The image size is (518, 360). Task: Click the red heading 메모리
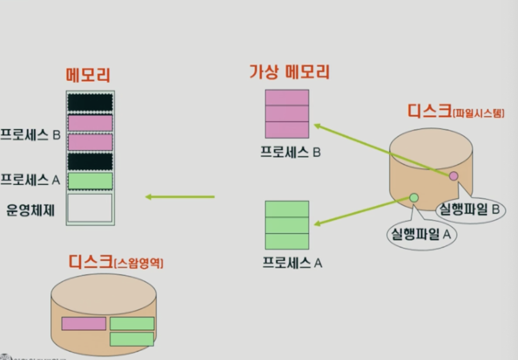tap(88, 75)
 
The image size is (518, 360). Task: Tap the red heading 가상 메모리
tap(289, 72)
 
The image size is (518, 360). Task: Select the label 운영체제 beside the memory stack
tap(30, 210)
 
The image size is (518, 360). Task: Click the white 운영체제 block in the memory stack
tap(90, 208)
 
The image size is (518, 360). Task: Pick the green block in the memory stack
tap(90, 181)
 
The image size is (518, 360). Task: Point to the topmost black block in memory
tap(90, 102)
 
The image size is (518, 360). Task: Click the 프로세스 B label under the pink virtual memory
tap(291, 152)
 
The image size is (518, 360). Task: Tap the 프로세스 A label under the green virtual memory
tap(292, 263)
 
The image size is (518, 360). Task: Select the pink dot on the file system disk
tap(453, 176)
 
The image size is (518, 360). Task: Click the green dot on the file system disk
tap(414, 198)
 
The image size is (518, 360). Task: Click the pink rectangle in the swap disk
tap(84, 324)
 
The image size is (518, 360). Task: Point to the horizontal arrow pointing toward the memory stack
tap(180, 197)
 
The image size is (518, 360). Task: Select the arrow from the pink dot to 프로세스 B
tap(381, 149)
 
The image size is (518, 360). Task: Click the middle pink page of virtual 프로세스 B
tap(287, 113)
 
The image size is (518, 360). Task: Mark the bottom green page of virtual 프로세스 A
tap(287, 241)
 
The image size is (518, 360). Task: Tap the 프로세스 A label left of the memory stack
tap(30, 180)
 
